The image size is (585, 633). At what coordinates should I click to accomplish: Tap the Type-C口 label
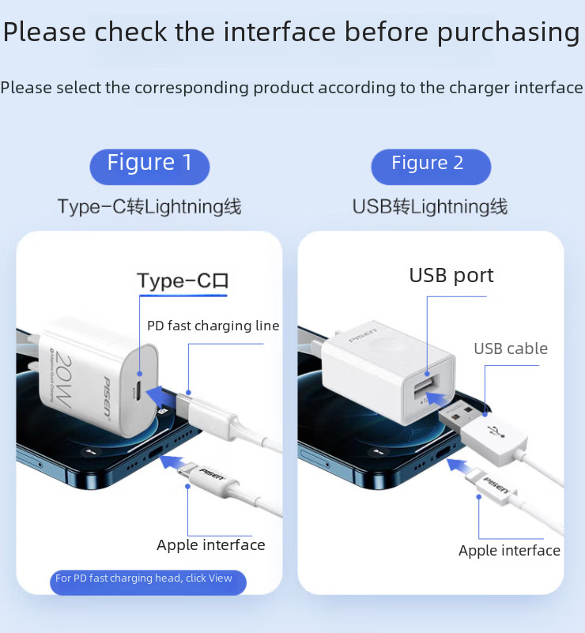click(x=183, y=281)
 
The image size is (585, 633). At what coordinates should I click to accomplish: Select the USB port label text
click(x=451, y=276)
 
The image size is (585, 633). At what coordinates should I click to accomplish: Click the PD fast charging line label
click(x=213, y=326)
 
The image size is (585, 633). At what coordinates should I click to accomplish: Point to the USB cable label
click(x=510, y=349)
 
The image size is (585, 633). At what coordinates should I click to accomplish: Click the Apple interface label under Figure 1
click(x=210, y=544)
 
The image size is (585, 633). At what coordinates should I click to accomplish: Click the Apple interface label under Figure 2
click(x=509, y=551)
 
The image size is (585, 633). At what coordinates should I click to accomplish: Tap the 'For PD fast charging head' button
click(x=149, y=579)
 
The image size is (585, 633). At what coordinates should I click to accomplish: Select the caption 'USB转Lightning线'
click(x=430, y=207)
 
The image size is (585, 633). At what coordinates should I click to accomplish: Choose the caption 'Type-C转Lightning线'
click(x=149, y=207)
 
